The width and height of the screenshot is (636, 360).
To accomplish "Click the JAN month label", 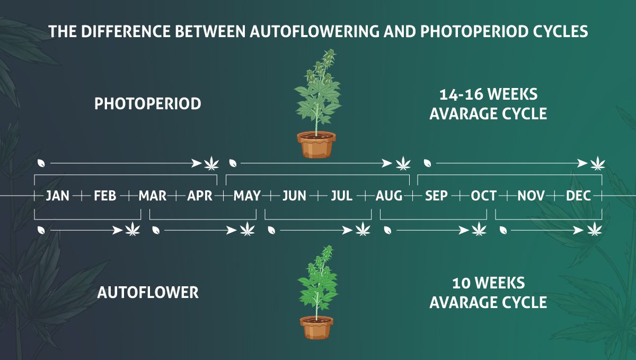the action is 57,196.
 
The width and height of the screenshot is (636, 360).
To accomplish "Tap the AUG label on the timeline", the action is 389,196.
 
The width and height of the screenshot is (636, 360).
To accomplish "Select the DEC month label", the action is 578,196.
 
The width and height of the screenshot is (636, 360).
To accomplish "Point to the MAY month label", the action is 247,196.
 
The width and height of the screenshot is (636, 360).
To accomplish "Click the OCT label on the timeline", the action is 483,196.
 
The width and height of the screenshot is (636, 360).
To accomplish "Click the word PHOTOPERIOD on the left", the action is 148,104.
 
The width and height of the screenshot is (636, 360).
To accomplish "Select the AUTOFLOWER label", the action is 148,293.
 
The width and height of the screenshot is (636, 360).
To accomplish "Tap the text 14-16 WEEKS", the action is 488,94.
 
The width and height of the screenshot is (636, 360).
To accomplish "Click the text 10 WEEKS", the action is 488,283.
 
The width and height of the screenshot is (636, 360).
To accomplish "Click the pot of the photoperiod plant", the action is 316,145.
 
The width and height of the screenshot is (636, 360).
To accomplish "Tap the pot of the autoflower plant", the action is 316,327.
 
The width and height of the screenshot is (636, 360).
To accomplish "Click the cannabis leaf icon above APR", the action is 211,163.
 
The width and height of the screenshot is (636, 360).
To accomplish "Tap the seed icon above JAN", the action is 41,163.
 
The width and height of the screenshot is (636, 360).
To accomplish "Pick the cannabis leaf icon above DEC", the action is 597,163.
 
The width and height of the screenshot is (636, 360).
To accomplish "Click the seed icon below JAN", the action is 41,230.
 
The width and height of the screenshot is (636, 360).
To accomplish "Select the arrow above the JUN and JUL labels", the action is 316,163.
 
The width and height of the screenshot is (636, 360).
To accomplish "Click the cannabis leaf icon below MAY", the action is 248,229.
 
